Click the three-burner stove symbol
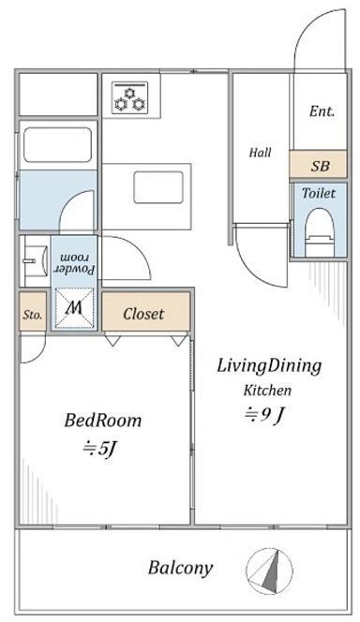click(x=129, y=97)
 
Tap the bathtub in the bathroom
click(x=57, y=145)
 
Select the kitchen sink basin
click(x=158, y=187)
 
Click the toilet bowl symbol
click(x=320, y=233)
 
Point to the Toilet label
click(x=319, y=193)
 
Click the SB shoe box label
click(x=320, y=166)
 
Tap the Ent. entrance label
click(x=322, y=111)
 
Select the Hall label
click(x=261, y=153)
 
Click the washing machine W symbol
click(x=74, y=308)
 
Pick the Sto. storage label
click(x=33, y=316)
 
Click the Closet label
click(x=143, y=314)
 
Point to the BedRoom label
click(x=103, y=420)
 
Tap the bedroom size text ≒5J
click(x=100, y=449)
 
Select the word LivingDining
click(x=269, y=366)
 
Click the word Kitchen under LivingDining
click(x=267, y=391)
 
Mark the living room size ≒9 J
click(x=264, y=415)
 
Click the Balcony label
click(x=181, y=568)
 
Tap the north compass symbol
click(x=269, y=571)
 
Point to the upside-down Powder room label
click(x=74, y=264)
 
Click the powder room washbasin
click(x=35, y=261)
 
